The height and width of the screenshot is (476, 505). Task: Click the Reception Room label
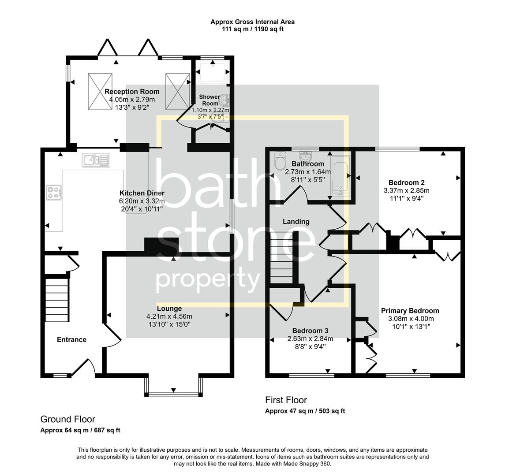pos(132,92)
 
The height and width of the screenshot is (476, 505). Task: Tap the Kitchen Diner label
pos(142,193)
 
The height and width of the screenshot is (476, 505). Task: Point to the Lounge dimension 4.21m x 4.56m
pos(169,316)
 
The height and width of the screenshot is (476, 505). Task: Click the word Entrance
pos(71,339)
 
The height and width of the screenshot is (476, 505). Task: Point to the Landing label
pos(296,222)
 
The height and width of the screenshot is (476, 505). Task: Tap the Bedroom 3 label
pos(310,331)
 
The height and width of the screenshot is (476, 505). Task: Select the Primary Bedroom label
pos(410,311)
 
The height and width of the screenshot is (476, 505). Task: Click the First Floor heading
pos(286,400)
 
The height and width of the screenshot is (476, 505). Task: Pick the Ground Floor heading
pos(67,419)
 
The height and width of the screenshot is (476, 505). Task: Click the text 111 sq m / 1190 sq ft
pos(252,30)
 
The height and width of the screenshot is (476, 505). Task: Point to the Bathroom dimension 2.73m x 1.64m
pos(308,172)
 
